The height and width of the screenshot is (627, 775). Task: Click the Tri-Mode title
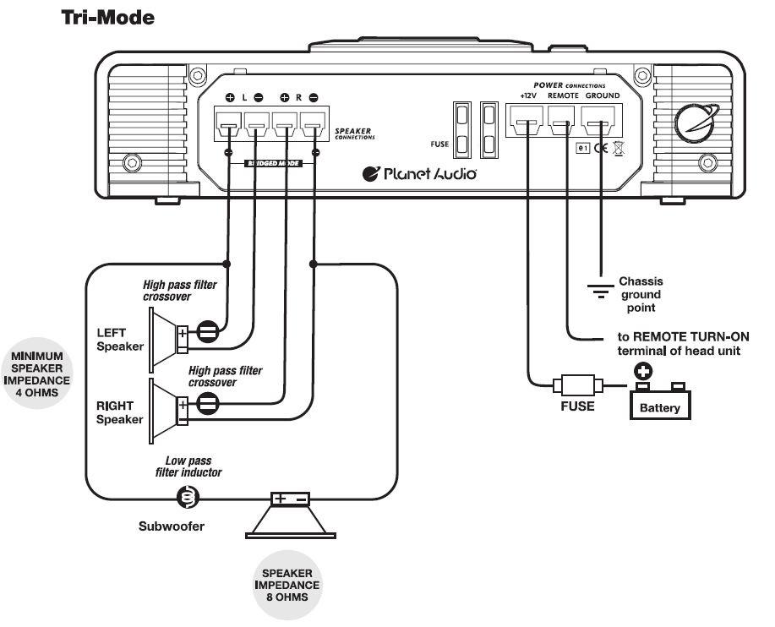(x=107, y=17)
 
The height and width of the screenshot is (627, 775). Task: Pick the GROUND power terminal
(x=600, y=128)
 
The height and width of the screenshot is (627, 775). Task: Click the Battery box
(x=659, y=404)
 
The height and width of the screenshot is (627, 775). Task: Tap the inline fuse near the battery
(x=576, y=386)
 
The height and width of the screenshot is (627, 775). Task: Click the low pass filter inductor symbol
(x=188, y=499)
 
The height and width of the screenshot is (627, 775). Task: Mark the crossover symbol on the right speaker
(x=207, y=404)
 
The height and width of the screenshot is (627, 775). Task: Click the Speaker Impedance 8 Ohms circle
(x=290, y=584)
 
